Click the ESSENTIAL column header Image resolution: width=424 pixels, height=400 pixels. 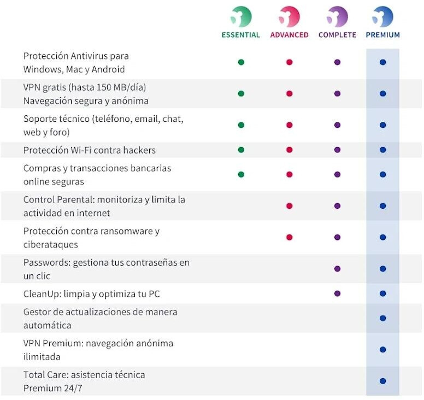pyautogui.click(x=241, y=35)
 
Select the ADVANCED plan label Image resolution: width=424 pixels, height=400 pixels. pyautogui.click(x=289, y=35)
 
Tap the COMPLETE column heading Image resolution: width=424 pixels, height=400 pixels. pyautogui.click(x=337, y=35)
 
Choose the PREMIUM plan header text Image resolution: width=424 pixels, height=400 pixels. pyautogui.click(x=382, y=35)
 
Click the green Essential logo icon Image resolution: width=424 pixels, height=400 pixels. pyautogui.click(x=241, y=16)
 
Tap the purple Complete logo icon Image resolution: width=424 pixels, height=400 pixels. pyautogui.click(x=337, y=16)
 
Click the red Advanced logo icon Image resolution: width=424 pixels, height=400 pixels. pyautogui.click(x=289, y=16)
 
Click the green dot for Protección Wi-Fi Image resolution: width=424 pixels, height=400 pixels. pyautogui.click(x=241, y=150)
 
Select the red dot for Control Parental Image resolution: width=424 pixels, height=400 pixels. pyautogui.click(x=289, y=206)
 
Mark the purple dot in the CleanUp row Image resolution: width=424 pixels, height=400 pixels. pyautogui.click(x=337, y=293)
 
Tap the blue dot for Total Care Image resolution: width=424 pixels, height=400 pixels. pyautogui.click(x=382, y=381)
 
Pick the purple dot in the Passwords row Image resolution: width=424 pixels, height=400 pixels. pyautogui.click(x=337, y=269)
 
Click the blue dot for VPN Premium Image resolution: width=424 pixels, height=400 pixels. pyautogui.click(x=382, y=350)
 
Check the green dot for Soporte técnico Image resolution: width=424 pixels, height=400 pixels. pyautogui.click(x=241, y=125)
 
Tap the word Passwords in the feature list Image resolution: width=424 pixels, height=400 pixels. pyautogui.click(x=45, y=262)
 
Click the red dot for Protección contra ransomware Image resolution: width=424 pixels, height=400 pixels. pyautogui.click(x=289, y=237)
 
